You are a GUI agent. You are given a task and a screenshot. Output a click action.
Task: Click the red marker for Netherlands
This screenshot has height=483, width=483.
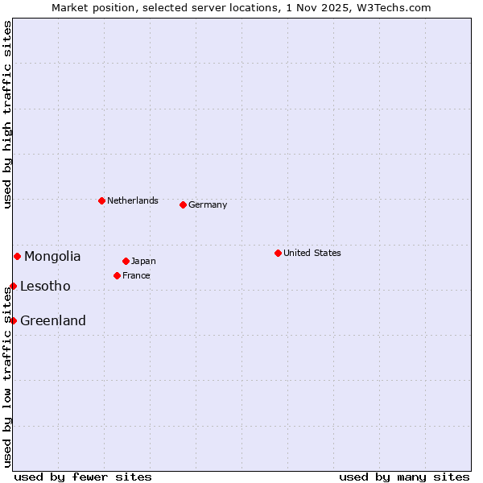[101, 200]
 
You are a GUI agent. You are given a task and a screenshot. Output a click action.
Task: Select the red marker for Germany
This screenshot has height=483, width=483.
[183, 204]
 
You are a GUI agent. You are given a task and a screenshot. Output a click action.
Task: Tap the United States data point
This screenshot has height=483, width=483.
[278, 253]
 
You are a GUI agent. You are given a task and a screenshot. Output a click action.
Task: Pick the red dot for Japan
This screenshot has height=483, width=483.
[126, 261]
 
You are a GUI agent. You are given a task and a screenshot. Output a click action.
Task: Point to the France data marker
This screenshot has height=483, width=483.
[117, 275]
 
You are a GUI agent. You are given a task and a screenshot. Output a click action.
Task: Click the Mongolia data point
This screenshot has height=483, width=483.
[17, 256]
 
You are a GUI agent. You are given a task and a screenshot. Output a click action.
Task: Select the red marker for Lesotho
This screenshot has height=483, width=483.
[13, 286]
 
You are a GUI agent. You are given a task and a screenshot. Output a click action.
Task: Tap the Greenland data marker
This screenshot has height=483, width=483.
[13, 320]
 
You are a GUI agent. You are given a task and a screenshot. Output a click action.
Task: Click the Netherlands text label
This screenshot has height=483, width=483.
[132, 200]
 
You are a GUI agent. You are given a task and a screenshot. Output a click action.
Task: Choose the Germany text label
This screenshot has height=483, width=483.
[208, 204]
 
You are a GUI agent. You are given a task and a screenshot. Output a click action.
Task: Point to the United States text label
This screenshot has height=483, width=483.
[312, 253]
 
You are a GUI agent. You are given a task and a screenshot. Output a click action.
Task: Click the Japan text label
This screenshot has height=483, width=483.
[143, 261]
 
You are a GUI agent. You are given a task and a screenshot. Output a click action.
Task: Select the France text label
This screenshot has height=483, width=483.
[136, 275]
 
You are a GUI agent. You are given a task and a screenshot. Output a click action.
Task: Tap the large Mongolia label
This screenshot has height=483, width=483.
[52, 257]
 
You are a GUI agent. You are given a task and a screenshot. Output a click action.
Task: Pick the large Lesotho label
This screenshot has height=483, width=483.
[45, 287]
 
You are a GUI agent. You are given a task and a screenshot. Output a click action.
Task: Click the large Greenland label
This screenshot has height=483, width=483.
[53, 321]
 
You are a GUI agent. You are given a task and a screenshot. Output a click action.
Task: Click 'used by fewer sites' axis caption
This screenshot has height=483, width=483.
[83, 477]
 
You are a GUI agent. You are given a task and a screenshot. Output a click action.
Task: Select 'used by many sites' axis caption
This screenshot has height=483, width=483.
[404, 477]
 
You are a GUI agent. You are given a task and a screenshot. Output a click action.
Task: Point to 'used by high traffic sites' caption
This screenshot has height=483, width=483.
[7, 114]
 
